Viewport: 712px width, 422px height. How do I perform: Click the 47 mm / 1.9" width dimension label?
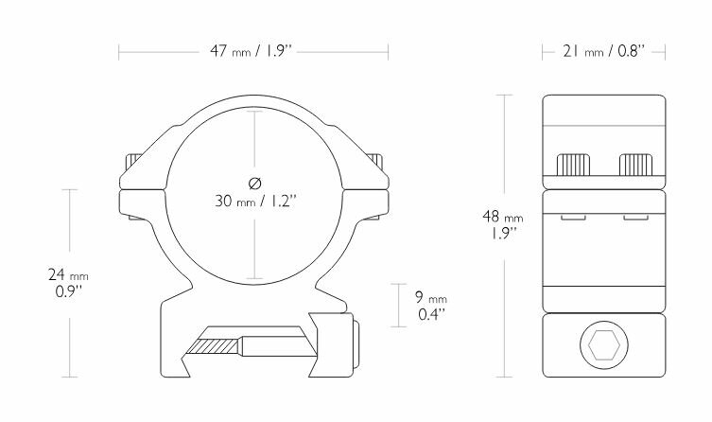coord(254,49)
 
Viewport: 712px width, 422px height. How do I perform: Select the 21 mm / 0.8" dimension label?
coord(604,49)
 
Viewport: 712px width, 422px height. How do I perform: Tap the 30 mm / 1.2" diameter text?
coord(254,200)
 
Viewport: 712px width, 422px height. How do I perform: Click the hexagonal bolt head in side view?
coord(603,349)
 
